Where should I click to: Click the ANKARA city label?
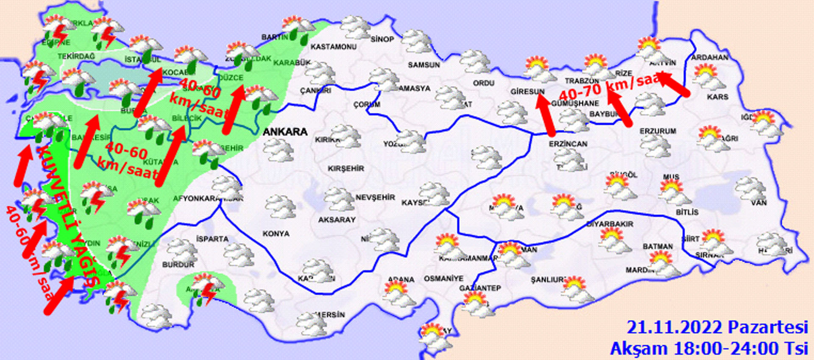(285, 132)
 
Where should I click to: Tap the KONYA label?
(276, 234)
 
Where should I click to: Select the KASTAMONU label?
(334, 47)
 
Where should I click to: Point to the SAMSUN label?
(424, 65)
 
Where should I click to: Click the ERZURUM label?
(658, 131)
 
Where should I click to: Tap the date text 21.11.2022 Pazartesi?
(717, 327)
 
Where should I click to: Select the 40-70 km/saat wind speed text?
(610, 87)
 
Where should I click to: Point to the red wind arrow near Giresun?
(545, 114)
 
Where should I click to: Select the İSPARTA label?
(212, 239)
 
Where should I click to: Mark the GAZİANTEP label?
(480, 288)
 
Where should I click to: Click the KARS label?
(717, 97)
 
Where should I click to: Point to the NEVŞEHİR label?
(375, 198)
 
